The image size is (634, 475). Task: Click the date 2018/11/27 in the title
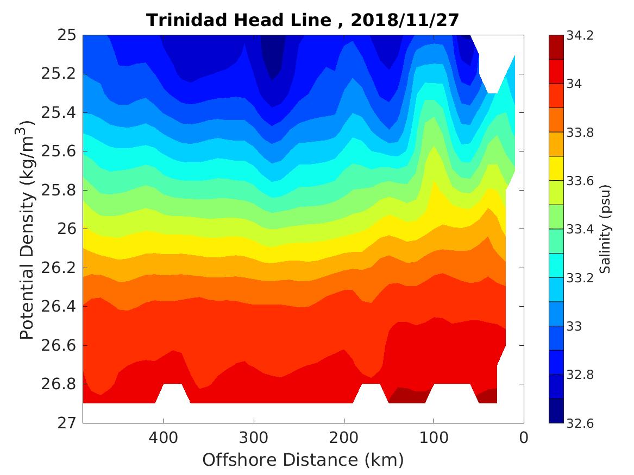405,20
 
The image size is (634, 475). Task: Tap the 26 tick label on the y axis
66,229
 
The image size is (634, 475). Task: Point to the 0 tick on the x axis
524,437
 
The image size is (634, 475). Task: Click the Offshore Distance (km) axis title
303,460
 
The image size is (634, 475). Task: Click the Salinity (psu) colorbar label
606,229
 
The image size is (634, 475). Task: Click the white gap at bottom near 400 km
173,394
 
